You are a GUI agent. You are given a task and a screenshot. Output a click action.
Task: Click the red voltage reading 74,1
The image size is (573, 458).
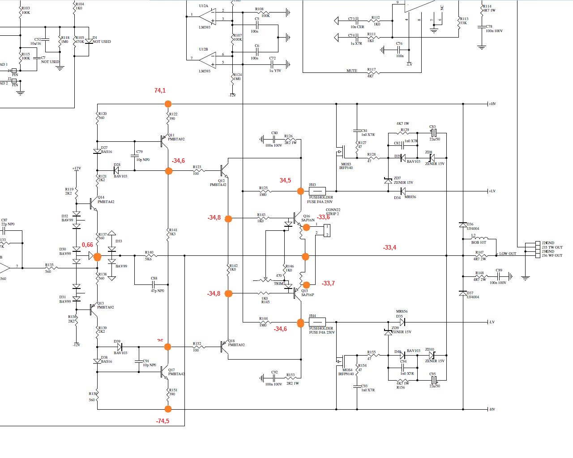[x=160, y=91]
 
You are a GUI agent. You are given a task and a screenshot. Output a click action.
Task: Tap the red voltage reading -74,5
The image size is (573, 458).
[x=162, y=421]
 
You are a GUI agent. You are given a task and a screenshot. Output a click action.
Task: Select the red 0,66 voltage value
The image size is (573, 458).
[x=87, y=245]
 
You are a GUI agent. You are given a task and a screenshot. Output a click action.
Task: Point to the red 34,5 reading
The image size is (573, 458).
[x=285, y=181]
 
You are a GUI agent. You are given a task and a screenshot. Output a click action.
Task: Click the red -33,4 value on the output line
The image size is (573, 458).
[x=389, y=248]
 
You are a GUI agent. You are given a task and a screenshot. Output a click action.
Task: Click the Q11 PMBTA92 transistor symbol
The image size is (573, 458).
[x=163, y=140]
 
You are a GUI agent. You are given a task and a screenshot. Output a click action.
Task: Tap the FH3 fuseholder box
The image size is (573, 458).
[x=317, y=191]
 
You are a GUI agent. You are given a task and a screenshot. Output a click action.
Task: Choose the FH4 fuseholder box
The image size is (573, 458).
[x=317, y=322]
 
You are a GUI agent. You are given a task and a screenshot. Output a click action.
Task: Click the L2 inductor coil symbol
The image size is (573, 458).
[x=480, y=238]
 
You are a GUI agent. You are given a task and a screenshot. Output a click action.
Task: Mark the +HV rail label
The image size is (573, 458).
[x=493, y=104]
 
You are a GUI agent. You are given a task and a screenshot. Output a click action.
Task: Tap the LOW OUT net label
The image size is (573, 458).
[x=507, y=254]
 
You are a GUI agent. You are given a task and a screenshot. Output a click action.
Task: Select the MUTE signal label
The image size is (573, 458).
[x=352, y=71]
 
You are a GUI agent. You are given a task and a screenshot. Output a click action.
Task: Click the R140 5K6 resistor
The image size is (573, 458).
[x=149, y=256]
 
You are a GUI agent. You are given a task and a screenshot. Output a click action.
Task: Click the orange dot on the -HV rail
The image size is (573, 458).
[x=168, y=409]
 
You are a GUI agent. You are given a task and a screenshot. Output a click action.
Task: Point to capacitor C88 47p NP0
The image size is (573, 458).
[x=154, y=284]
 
